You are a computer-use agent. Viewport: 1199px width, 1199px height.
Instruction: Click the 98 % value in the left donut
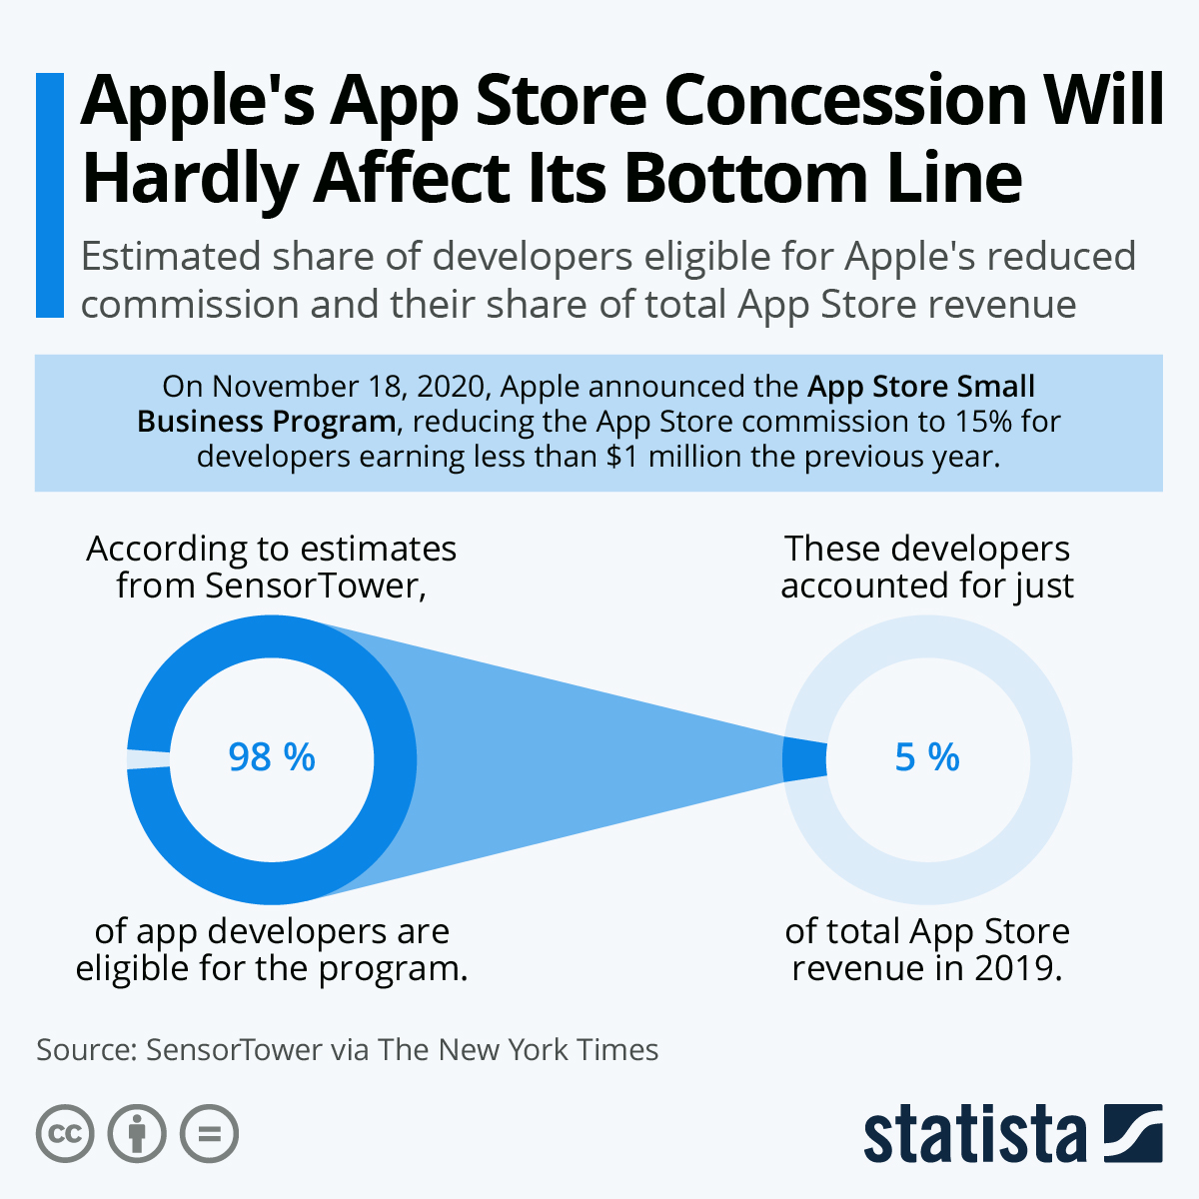pyautogui.click(x=272, y=757)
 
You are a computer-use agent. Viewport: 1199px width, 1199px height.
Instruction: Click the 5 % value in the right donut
pyautogui.click(x=927, y=757)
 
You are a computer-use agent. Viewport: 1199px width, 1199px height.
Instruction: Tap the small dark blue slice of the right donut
pyautogui.click(x=804, y=759)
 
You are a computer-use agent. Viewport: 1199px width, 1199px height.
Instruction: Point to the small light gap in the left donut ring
pyautogui.click(x=148, y=759)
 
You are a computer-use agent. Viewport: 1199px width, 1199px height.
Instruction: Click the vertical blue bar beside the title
pyautogui.click(x=49, y=195)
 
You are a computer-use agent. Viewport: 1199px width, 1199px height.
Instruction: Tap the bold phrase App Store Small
pyautogui.click(x=921, y=387)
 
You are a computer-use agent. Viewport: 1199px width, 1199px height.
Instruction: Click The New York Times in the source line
pyautogui.click(x=519, y=1049)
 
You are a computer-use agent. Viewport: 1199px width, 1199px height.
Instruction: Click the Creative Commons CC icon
pyautogui.click(x=65, y=1134)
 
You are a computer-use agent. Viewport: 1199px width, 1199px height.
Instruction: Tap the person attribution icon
pyautogui.click(x=137, y=1134)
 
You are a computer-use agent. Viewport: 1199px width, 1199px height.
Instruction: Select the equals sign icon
pyautogui.click(x=209, y=1134)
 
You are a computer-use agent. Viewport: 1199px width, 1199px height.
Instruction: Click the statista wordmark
pyautogui.click(x=975, y=1135)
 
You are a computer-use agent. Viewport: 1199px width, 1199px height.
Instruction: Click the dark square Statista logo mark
pyautogui.click(x=1133, y=1133)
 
